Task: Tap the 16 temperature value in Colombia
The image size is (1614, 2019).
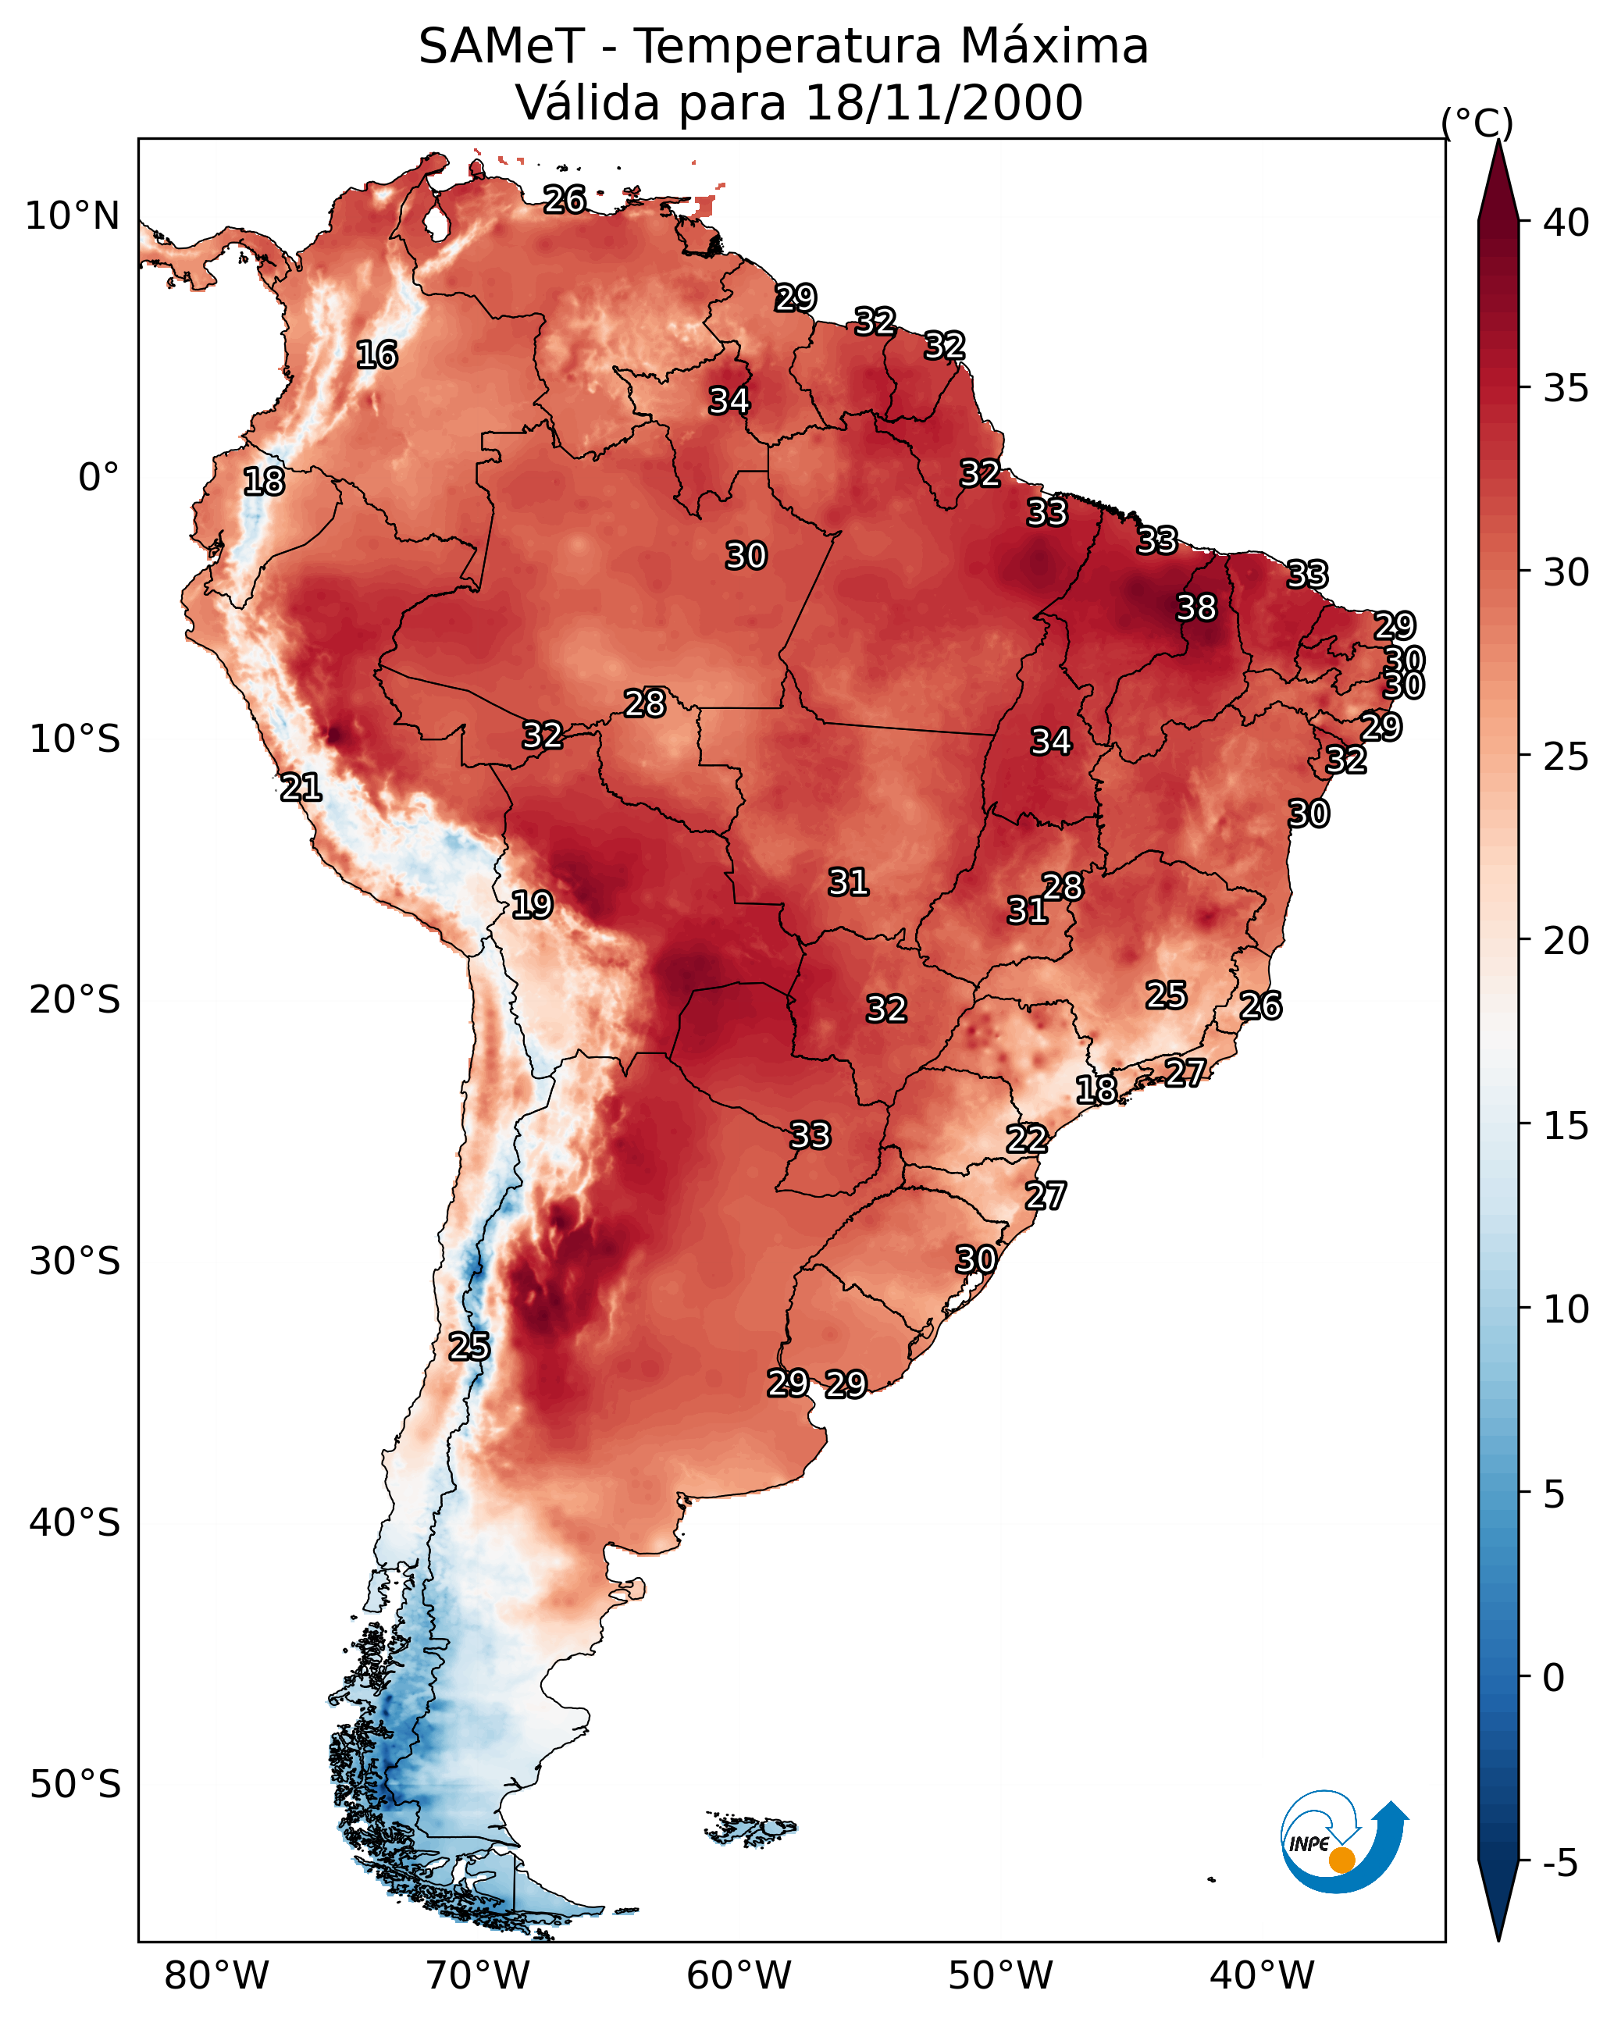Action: click(376, 355)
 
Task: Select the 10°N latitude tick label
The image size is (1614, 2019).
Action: click(72, 216)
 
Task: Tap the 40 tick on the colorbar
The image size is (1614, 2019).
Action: click(1566, 223)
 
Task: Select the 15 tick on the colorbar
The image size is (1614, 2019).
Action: click(1566, 1127)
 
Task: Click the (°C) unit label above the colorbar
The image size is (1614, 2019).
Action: click(1477, 123)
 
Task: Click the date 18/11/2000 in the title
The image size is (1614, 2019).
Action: click(943, 103)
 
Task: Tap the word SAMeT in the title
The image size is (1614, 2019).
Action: click(501, 47)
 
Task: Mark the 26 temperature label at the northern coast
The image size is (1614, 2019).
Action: click(565, 199)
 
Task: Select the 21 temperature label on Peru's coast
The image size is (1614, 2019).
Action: click(301, 788)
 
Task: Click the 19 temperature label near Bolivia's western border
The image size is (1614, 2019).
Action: click(532, 905)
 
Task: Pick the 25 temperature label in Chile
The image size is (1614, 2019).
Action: click(469, 1347)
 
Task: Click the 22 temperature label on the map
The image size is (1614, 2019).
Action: click(1027, 1139)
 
